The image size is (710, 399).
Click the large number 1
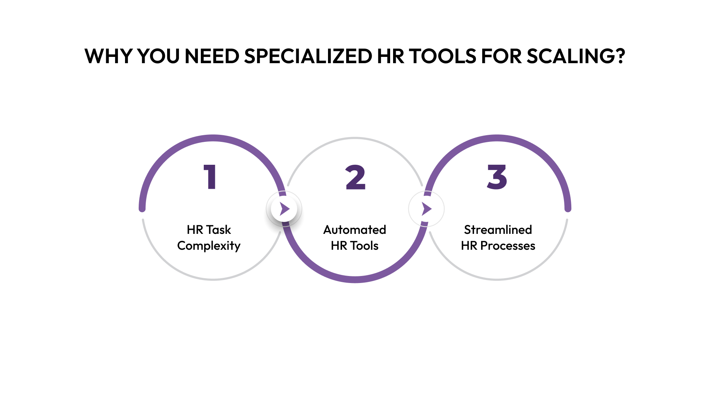(x=210, y=177)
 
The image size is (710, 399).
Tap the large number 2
(x=355, y=177)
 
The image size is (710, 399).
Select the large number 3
(x=497, y=177)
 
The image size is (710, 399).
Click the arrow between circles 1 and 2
(x=284, y=209)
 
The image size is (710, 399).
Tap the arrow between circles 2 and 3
(x=426, y=209)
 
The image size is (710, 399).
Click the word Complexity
(x=209, y=246)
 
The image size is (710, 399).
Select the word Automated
(x=355, y=230)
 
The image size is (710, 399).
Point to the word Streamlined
(x=498, y=230)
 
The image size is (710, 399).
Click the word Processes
(x=508, y=246)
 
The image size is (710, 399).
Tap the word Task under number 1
(x=219, y=230)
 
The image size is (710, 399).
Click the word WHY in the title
(x=108, y=56)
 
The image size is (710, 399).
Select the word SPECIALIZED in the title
(x=308, y=56)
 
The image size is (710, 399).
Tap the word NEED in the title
(x=212, y=56)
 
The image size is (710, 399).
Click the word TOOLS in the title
(x=443, y=56)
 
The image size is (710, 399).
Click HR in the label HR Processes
(x=469, y=246)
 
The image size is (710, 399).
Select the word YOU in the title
(x=158, y=56)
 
